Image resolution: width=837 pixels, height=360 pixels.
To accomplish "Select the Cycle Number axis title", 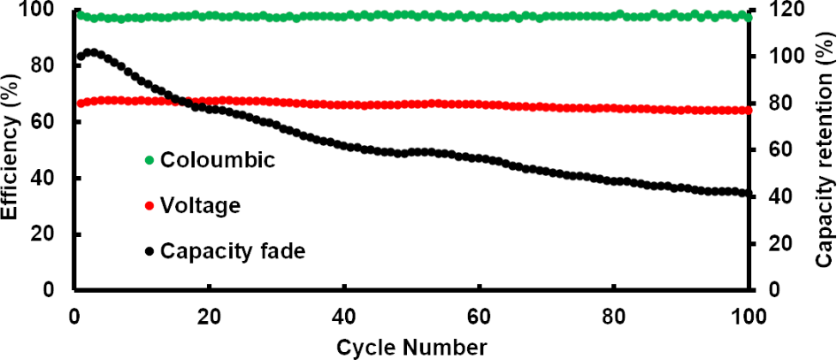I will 411,345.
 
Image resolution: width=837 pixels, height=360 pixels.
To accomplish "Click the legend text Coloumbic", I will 207,160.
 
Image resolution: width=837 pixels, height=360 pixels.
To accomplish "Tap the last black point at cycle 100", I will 749,193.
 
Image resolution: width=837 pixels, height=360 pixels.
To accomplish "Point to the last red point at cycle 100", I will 749,110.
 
